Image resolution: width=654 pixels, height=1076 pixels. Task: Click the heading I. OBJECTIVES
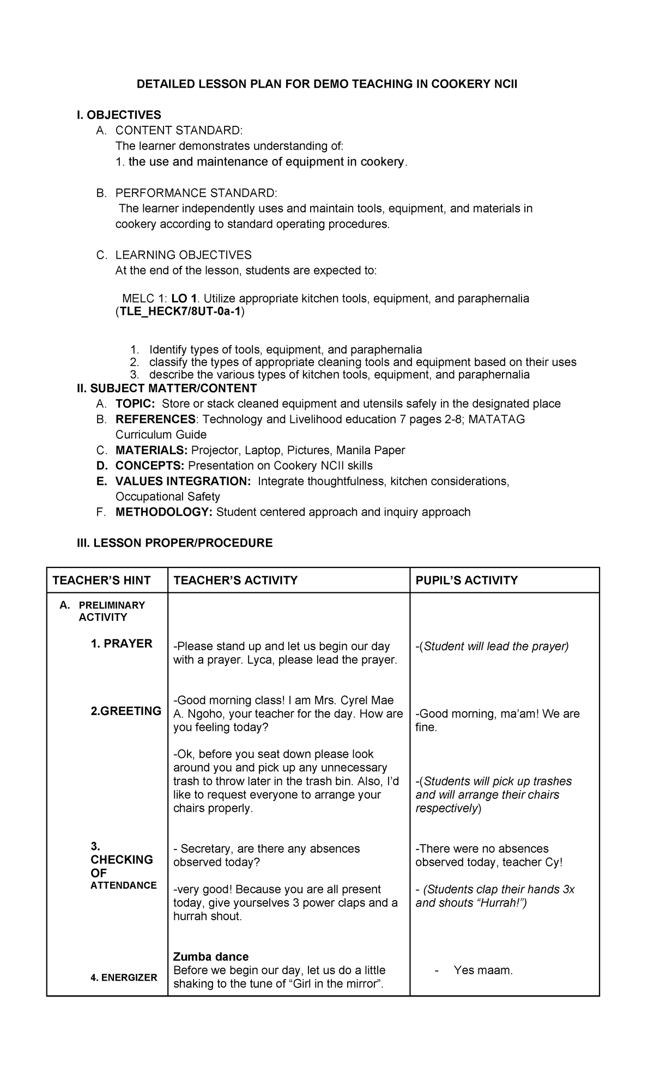pyautogui.click(x=119, y=115)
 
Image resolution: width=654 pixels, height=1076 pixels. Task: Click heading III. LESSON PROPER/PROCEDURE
pyautogui.click(x=174, y=543)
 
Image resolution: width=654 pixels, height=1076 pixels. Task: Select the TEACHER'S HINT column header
pyautogui.click(x=101, y=580)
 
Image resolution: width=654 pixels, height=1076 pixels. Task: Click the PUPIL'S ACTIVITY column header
pyautogui.click(x=466, y=580)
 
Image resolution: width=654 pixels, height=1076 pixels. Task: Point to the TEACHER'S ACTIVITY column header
pyautogui.click(x=235, y=580)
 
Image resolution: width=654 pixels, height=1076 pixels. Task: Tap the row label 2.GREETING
pyautogui.click(x=126, y=711)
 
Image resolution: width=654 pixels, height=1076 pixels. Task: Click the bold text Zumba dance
pyautogui.click(x=210, y=957)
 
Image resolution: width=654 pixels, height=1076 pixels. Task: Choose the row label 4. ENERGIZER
pyautogui.click(x=124, y=977)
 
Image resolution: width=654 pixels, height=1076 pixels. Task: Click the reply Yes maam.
pyautogui.click(x=483, y=970)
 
